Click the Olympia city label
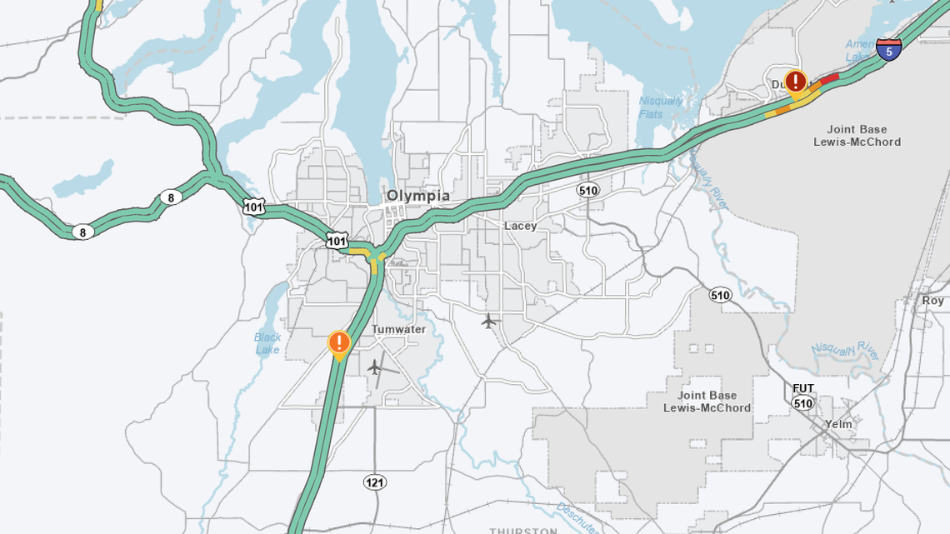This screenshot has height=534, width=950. coord(417,197)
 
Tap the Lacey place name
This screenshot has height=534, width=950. coord(520,226)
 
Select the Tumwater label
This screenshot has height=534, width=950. coord(398,329)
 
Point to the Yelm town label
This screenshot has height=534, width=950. coord(838,424)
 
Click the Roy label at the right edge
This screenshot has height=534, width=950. coord(932,301)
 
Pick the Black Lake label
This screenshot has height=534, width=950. coord(267,343)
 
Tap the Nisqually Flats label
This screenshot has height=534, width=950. coord(661,107)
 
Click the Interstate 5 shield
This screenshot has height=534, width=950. coord(889,49)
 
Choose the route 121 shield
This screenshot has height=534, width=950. coord(375,482)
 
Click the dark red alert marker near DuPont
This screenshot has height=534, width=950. coord(796,82)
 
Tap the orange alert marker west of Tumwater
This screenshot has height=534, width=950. coord(338,342)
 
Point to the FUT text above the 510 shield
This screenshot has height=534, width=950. coord(803,389)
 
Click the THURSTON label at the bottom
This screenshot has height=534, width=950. coord(522,530)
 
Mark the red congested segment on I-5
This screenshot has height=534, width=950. coord(829,79)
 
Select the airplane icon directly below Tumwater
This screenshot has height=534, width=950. coord(375,366)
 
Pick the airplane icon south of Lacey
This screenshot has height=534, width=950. coord(489,321)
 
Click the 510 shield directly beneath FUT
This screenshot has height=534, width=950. coord(802,403)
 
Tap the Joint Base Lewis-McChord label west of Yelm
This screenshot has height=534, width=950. coord(707,402)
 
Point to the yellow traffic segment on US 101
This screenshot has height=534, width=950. coord(359,250)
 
